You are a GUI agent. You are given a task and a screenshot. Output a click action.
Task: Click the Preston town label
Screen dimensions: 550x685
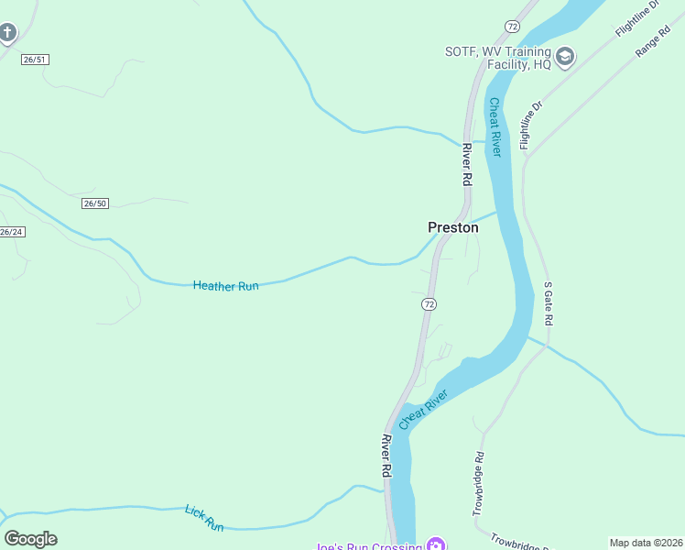click(453, 227)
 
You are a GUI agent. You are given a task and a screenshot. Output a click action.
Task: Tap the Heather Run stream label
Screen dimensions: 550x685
click(225, 286)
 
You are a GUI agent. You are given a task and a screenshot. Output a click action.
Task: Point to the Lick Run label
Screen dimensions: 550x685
click(204, 518)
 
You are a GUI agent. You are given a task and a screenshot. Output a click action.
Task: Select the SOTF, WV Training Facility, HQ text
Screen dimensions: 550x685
click(498, 57)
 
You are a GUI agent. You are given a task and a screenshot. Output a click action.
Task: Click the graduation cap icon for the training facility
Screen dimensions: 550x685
click(565, 57)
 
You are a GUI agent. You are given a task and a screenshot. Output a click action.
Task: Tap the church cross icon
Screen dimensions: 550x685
click(7, 35)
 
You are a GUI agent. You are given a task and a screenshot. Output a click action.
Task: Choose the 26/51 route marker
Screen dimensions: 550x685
click(35, 60)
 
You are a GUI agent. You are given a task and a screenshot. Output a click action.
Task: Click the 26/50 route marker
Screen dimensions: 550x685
click(94, 203)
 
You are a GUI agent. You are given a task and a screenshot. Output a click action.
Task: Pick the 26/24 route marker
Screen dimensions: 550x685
click(11, 232)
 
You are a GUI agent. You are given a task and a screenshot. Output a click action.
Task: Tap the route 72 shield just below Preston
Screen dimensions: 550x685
click(429, 303)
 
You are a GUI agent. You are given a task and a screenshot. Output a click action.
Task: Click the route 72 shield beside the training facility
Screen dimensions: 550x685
click(511, 27)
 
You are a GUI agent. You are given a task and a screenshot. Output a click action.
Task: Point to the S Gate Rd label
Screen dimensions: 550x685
click(549, 304)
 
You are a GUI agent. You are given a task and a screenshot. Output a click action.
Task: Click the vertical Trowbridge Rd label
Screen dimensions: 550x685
click(478, 483)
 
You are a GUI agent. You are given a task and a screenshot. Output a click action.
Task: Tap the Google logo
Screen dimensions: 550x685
click(30, 539)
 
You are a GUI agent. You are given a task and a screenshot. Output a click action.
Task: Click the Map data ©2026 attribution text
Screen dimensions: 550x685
click(645, 543)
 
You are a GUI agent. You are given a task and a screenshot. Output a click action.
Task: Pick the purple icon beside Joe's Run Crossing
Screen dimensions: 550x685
click(436, 545)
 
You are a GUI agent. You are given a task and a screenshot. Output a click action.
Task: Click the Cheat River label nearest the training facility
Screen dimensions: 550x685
click(495, 127)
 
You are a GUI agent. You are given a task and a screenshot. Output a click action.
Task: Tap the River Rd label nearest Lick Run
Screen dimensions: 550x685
click(386, 456)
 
